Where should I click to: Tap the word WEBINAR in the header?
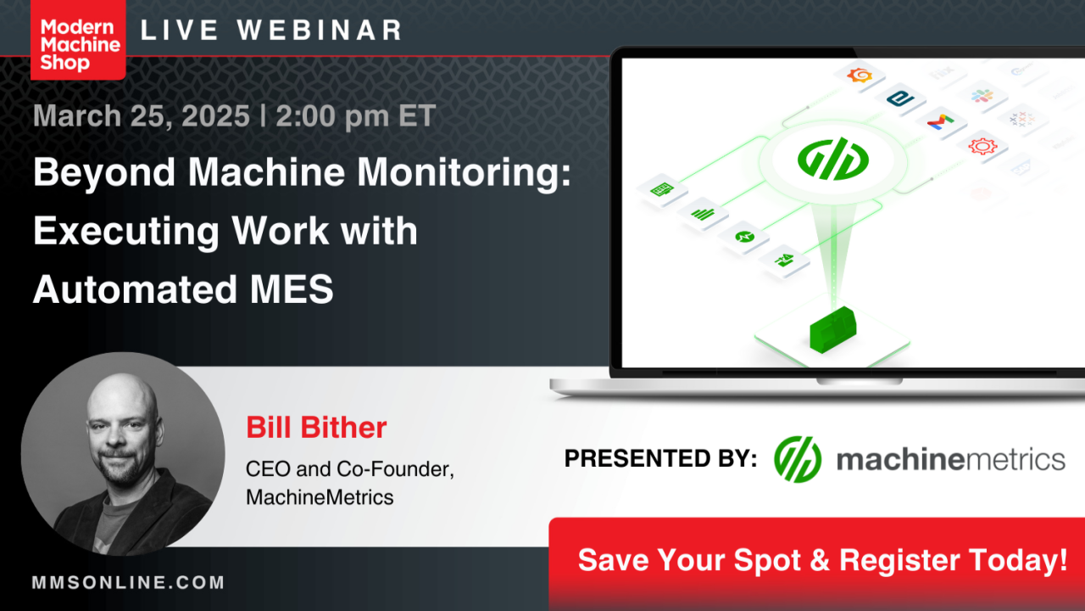click(320, 31)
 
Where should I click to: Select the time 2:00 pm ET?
click(355, 115)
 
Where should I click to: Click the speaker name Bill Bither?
click(316, 427)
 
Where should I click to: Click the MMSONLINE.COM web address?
click(128, 583)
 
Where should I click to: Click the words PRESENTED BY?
click(660, 459)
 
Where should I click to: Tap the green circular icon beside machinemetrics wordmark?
click(798, 459)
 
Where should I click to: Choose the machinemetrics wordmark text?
click(950, 459)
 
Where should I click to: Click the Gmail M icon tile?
click(940, 121)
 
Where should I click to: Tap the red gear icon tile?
click(982, 146)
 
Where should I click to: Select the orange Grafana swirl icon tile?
click(860, 76)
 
